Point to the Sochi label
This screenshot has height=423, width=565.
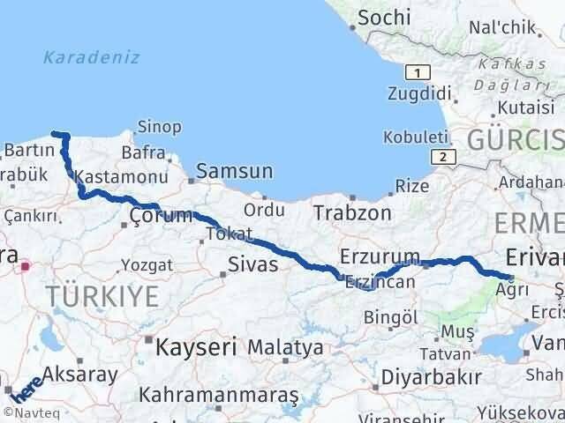[x=386, y=17]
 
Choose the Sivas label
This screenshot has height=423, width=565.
[x=253, y=263]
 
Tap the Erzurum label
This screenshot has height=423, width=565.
[x=380, y=256]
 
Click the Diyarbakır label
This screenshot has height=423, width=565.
[x=433, y=377]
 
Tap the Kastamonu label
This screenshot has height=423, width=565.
[x=109, y=175]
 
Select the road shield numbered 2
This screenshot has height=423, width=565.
[x=439, y=156]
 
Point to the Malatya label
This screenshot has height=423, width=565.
[x=284, y=347]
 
